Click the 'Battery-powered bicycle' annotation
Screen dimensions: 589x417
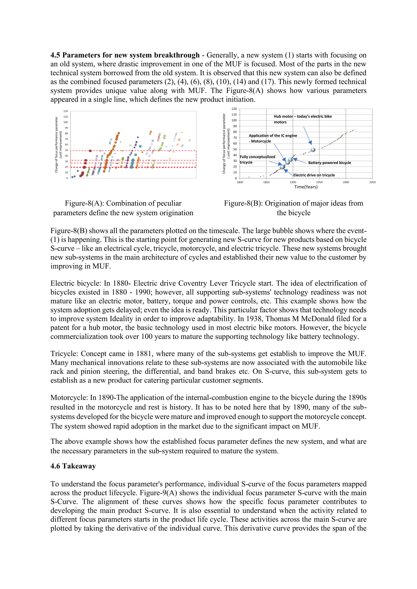point(329,163)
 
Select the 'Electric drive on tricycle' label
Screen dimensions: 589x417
point(314,175)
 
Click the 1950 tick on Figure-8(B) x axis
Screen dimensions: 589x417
point(319,182)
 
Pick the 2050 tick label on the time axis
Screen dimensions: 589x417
point(372,182)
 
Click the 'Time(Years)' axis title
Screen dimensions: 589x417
point(306,187)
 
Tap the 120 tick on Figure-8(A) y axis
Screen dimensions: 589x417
point(66,111)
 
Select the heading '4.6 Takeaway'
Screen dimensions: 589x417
point(73,466)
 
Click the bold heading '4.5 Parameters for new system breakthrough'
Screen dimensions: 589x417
point(125,55)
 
